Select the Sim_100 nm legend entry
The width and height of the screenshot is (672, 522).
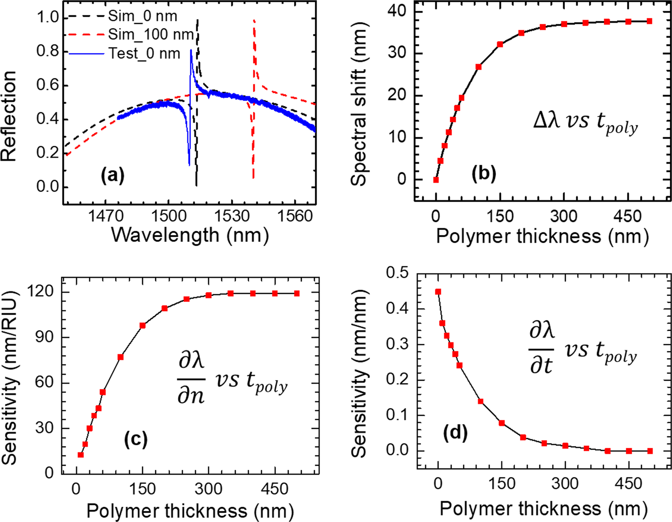[x=150, y=35]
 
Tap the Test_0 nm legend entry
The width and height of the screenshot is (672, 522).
[x=144, y=54]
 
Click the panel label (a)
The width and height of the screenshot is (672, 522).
[x=112, y=175]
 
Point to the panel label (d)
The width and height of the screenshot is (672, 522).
[x=455, y=433]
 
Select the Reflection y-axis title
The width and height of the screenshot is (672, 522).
[x=9, y=116]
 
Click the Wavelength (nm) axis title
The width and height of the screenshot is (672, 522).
[x=190, y=235]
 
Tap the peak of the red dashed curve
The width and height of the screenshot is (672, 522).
[x=254, y=21]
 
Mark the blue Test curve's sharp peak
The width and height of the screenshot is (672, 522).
[x=191, y=50]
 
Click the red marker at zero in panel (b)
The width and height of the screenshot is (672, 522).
[x=436, y=180]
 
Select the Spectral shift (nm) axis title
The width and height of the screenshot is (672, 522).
[x=359, y=103]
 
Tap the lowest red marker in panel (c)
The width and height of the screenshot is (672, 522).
[x=81, y=454]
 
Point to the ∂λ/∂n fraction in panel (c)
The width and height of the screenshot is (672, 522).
[x=191, y=379]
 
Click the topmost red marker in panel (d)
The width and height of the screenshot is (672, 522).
[x=438, y=292]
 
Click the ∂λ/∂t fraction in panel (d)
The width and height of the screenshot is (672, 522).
[x=542, y=349]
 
